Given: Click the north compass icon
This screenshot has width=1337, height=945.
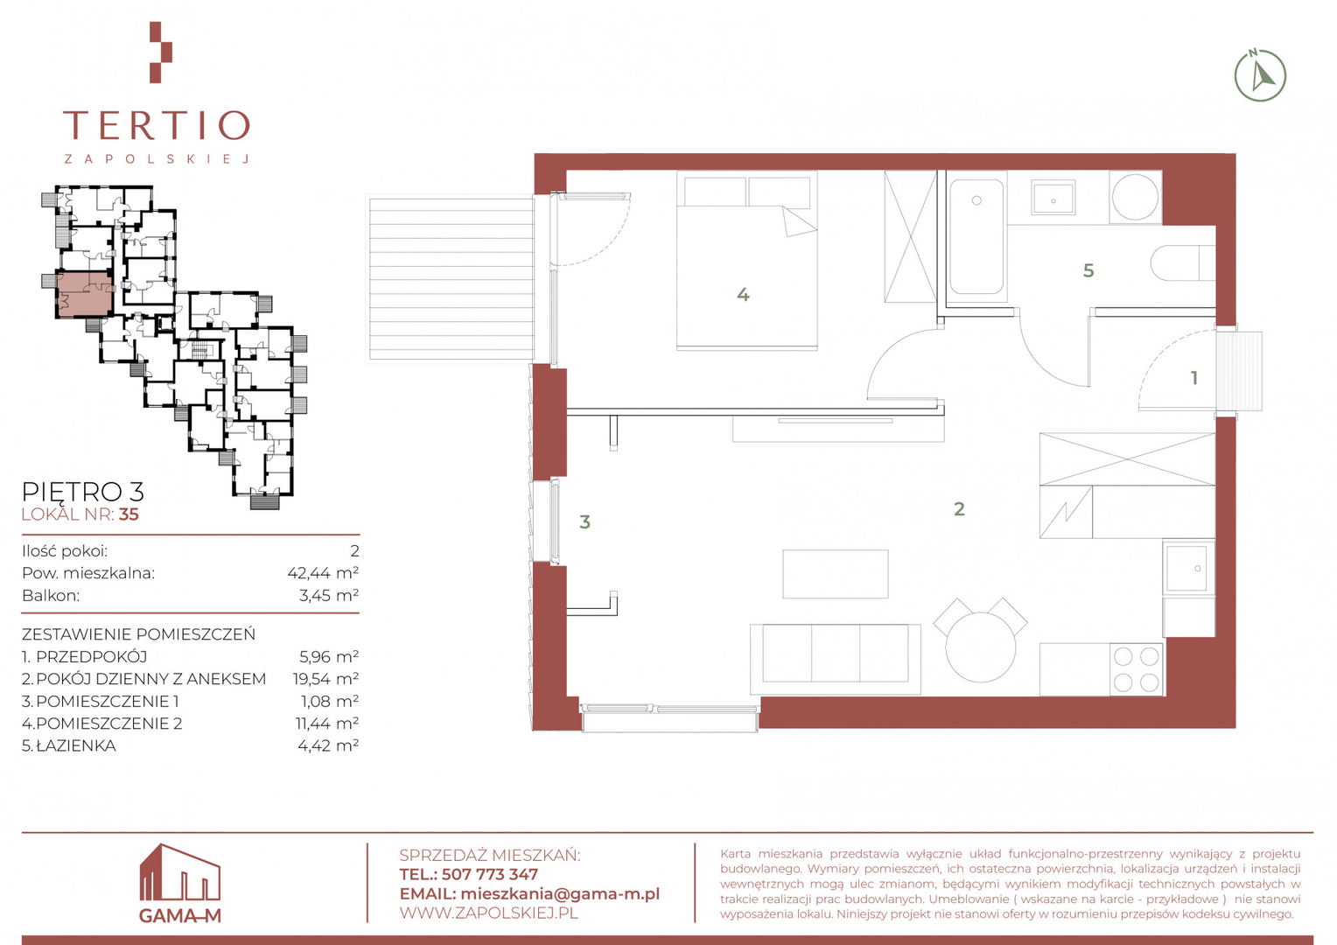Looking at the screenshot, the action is [1260, 75].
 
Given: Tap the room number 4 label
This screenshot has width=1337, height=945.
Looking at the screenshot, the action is [743, 294].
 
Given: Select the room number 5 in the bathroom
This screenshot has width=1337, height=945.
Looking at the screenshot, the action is [1088, 270].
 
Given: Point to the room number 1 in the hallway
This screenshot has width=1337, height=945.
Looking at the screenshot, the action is [1193, 378].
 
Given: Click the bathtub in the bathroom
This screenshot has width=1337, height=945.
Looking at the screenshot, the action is [976, 237].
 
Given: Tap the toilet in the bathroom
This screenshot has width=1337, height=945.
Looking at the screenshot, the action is [1183, 262].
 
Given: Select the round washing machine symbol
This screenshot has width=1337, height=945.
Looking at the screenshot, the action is [1135, 197].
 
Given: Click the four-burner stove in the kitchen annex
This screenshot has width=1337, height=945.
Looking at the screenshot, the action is [1137, 669].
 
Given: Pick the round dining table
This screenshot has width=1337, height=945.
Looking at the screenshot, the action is [981, 647].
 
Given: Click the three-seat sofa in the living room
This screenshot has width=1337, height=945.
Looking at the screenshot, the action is [835, 659].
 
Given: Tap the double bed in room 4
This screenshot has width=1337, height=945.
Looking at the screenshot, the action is [746, 260].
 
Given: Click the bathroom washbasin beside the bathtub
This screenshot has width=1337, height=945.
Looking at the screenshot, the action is [1053, 197].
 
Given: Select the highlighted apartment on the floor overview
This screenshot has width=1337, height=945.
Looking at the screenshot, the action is [84, 294].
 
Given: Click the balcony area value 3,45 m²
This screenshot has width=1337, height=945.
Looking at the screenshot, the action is [329, 595].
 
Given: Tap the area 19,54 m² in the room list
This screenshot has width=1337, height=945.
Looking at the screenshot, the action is [325, 679].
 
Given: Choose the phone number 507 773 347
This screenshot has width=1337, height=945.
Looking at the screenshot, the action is [489, 874].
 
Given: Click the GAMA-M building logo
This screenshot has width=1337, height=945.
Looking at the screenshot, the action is [179, 883].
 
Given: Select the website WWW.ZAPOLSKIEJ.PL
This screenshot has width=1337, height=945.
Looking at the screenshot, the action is [489, 913].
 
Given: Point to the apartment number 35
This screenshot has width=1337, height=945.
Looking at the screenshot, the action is [129, 514].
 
